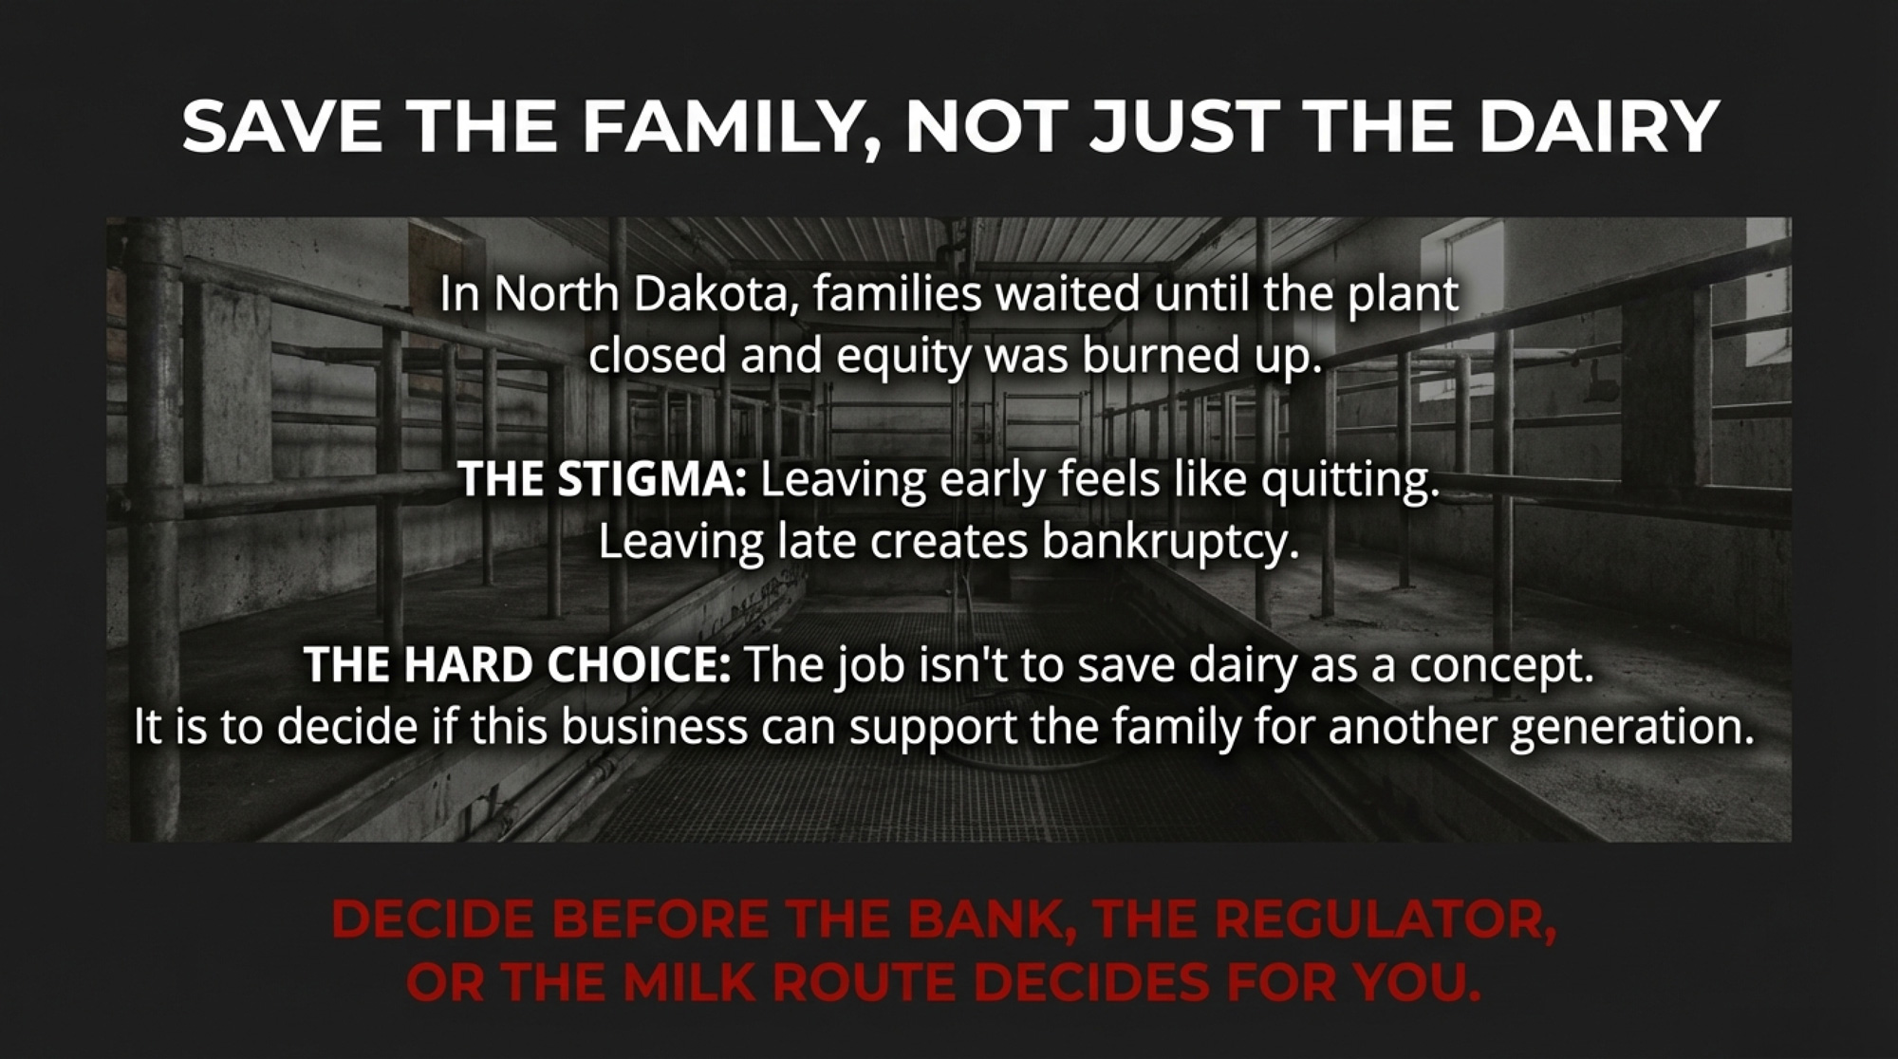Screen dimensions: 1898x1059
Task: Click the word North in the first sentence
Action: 557,294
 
